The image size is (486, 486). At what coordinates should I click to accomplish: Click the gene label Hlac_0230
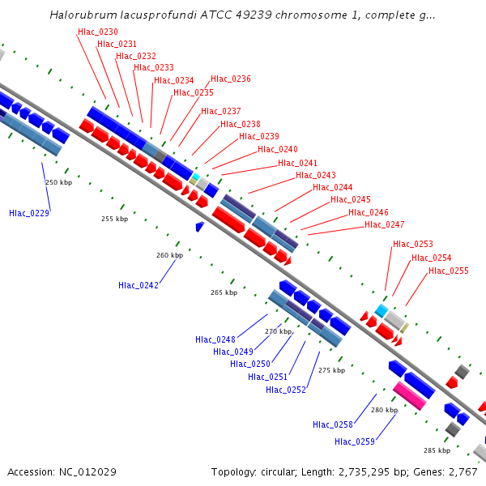pyautogui.click(x=97, y=32)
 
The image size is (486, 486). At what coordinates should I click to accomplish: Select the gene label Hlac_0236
pyautogui.click(x=231, y=79)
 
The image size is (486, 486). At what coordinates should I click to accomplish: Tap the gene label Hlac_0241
pyautogui.click(x=297, y=163)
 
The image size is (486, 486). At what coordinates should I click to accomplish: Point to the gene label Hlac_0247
pyautogui.click(x=385, y=224)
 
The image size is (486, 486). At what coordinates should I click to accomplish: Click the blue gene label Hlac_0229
pyautogui.click(x=29, y=213)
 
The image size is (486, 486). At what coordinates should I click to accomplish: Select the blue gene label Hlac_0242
pyautogui.click(x=138, y=285)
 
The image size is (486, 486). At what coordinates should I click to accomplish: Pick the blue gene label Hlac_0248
pyautogui.click(x=215, y=339)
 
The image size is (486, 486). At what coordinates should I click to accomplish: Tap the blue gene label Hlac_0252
pyautogui.click(x=286, y=390)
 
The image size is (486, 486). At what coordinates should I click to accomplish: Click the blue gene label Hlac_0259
pyautogui.click(x=355, y=441)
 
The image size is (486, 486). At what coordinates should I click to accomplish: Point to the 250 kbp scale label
pyautogui.click(x=58, y=182)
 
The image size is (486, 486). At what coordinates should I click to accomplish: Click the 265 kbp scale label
pyautogui.click(x=224, y=292)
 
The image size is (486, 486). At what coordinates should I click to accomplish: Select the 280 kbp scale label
pyautogui.click(x=385, y=410)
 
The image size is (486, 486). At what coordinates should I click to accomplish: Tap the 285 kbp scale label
pyautogui.click(x=437, y=450)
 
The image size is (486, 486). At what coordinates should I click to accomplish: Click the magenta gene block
pyautogui.click(x=410, y=395)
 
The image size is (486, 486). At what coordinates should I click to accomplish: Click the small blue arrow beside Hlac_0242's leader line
pyautogui.click(x=199, y=227)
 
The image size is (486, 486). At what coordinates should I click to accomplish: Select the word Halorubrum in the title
pyautogui.click(x=79, y=15)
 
